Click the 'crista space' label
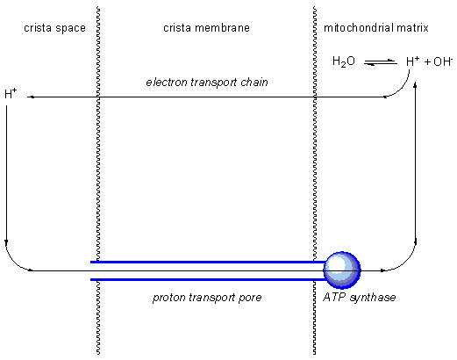(x=54, y=28)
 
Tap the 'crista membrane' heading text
(x=206, y=28)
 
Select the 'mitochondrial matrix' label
(x=376, y=28)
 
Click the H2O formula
(x=344, y=61)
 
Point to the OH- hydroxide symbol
(x=443, y=61)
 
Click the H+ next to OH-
(x=413, y=61)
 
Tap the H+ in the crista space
(x=11, y=94)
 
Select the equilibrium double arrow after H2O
(x=381, y=62)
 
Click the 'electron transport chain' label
(x=207, y=83)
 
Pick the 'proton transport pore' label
(x=207, y=298)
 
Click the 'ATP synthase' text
(x=360, y=298)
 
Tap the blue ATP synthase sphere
(x=342, y=270)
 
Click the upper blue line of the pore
(x=208, y=262)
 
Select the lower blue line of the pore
(x=208, y=280)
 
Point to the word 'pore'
(x=250, y=298)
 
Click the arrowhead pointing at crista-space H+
(x=32, y=97)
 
